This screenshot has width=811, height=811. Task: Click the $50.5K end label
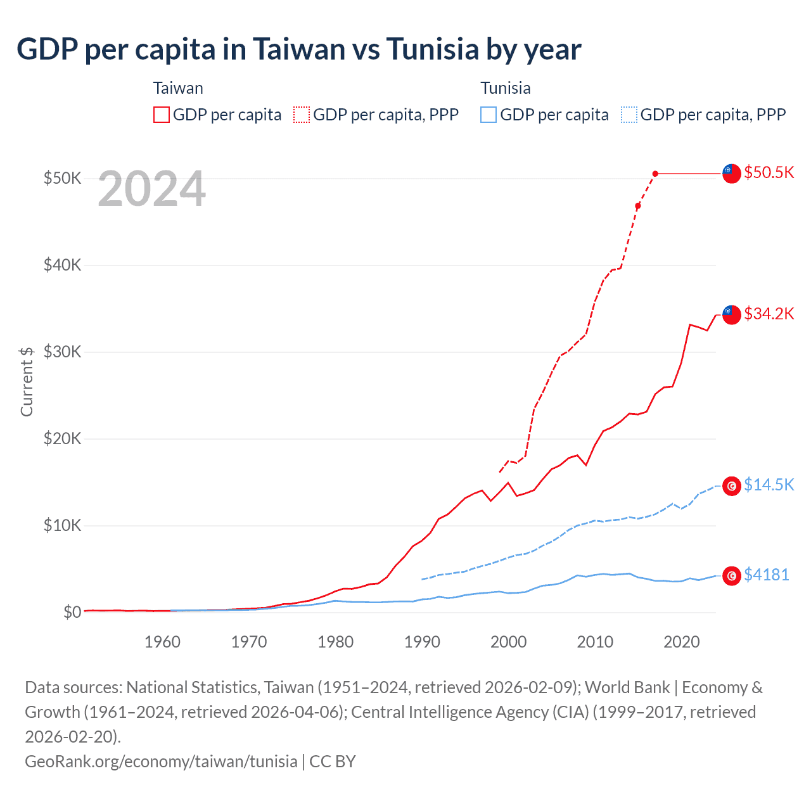769,173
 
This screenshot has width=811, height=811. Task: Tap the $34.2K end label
769,314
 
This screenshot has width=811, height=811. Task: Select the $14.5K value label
769,485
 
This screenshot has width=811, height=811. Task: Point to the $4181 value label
766,575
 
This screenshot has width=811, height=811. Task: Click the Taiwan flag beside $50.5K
732,173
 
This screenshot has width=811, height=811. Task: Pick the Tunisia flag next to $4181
732,575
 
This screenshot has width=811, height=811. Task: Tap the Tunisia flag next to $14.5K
732,486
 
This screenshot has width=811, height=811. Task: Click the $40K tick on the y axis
62,265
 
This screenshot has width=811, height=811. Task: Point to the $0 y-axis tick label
72,612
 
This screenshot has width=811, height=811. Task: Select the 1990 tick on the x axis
422,642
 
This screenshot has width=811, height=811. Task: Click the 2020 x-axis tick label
682,642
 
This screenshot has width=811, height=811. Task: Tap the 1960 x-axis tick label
162,642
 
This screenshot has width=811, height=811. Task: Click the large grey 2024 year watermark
151,189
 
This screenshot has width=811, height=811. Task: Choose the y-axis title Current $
27,381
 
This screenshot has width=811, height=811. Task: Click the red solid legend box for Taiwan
162,115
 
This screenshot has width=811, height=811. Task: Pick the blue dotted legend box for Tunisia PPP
629,115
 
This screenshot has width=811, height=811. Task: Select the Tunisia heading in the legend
505,88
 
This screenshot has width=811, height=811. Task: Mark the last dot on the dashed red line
655,174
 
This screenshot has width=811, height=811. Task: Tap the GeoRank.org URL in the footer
161,761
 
